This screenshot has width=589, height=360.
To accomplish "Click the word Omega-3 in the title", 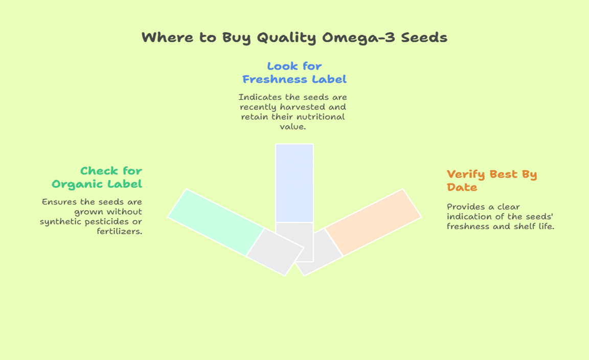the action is [358, 38].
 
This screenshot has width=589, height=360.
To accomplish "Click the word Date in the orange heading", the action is [462, 187].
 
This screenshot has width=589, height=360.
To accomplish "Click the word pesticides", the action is [110, 222].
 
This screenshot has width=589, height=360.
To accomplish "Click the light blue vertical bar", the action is [294, 183].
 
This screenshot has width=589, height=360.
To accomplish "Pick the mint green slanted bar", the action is [216, 222].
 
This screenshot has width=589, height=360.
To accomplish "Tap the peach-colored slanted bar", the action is [373, 222].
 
